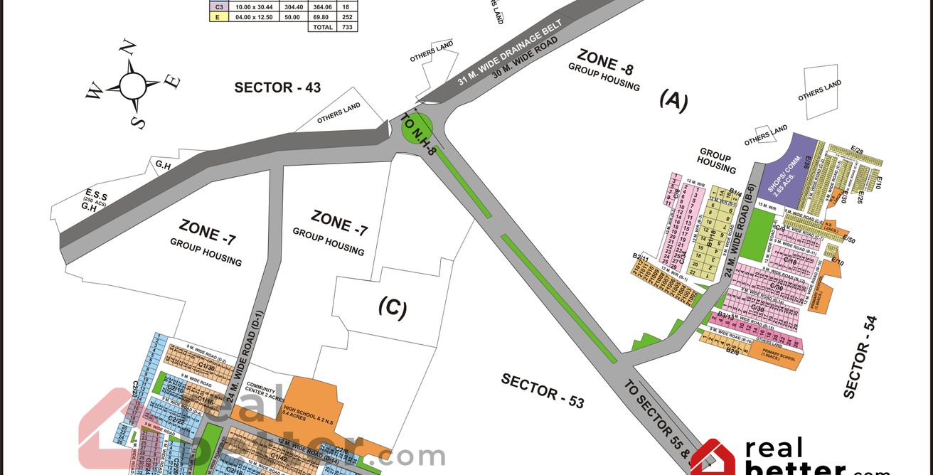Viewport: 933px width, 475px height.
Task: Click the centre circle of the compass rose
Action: [x=133, y=85]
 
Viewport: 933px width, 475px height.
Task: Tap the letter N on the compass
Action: [x=128, y=48]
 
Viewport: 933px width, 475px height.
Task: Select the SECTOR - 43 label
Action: [x=277, y=87]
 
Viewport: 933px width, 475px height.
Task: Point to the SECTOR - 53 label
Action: [x=543, y=390]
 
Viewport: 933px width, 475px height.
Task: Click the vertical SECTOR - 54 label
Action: [x=860, y=357]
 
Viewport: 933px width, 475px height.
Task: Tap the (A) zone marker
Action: [x=673, y=101]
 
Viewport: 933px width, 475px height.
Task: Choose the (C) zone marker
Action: [x=392, y=308]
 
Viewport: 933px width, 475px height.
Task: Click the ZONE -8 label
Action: [x=605, y=60]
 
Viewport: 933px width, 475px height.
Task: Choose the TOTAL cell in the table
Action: [x=321, y=27]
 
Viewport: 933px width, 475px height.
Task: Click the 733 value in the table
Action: [x=348, y=27]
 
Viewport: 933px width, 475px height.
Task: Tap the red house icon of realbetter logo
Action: [x=713, y=459]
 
